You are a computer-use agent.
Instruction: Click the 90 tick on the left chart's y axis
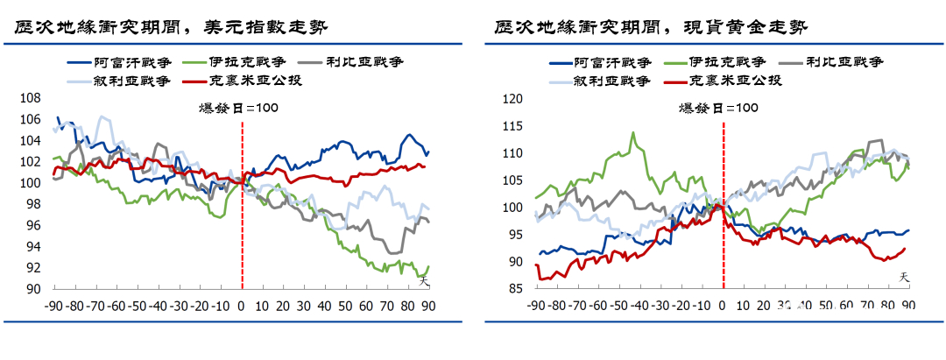[x=32, y=290]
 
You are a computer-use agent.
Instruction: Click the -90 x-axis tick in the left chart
[x=54, y=306]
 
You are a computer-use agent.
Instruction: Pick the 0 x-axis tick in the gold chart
[x=723, y=306]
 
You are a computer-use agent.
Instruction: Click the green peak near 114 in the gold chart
[x=632, y=133]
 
